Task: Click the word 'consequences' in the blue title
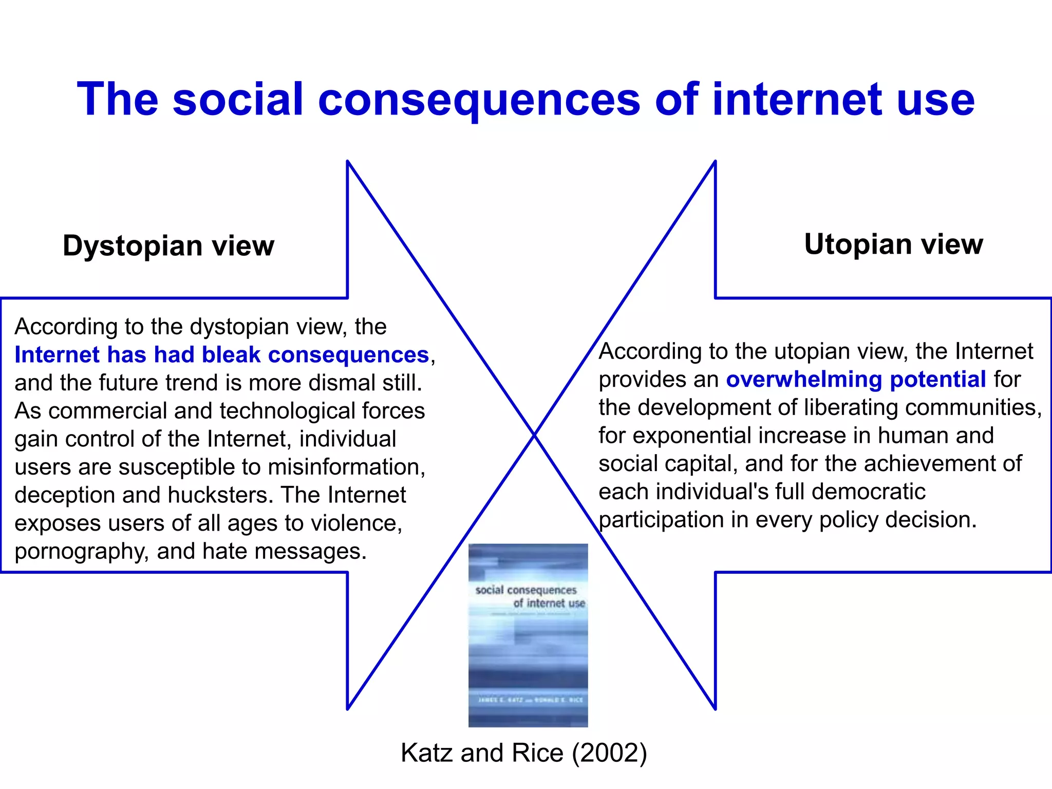(x=479, y=100)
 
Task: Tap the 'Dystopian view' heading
(x=168, y=246)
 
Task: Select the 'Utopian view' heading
(x=893, y=244)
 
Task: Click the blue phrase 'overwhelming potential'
(x=855, y=380)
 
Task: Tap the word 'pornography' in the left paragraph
(x=81, y=552)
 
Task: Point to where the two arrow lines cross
(x=534, y=436)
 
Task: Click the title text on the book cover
(x=529, y=596)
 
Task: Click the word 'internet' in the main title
(x=797, y=100)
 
